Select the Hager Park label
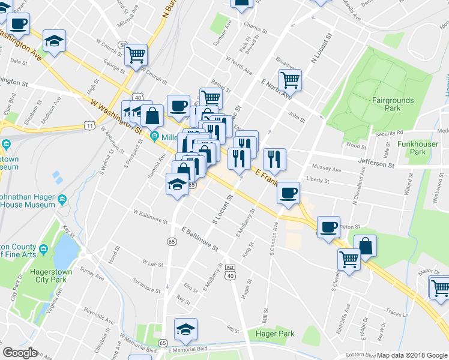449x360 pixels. (x=274, y=334)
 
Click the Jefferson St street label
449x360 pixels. (x=373, y=163)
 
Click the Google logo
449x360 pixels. (x=20, y=353)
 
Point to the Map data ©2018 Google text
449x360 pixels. (x=412, y=355)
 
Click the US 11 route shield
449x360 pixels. (x=89, y=125)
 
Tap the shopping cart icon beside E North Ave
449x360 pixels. (x=290, y=79)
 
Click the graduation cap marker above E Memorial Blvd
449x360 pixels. (x=185, y=328)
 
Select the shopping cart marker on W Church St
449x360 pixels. (x=136, y=54)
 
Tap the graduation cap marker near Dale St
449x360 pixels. (x=55, y=41)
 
